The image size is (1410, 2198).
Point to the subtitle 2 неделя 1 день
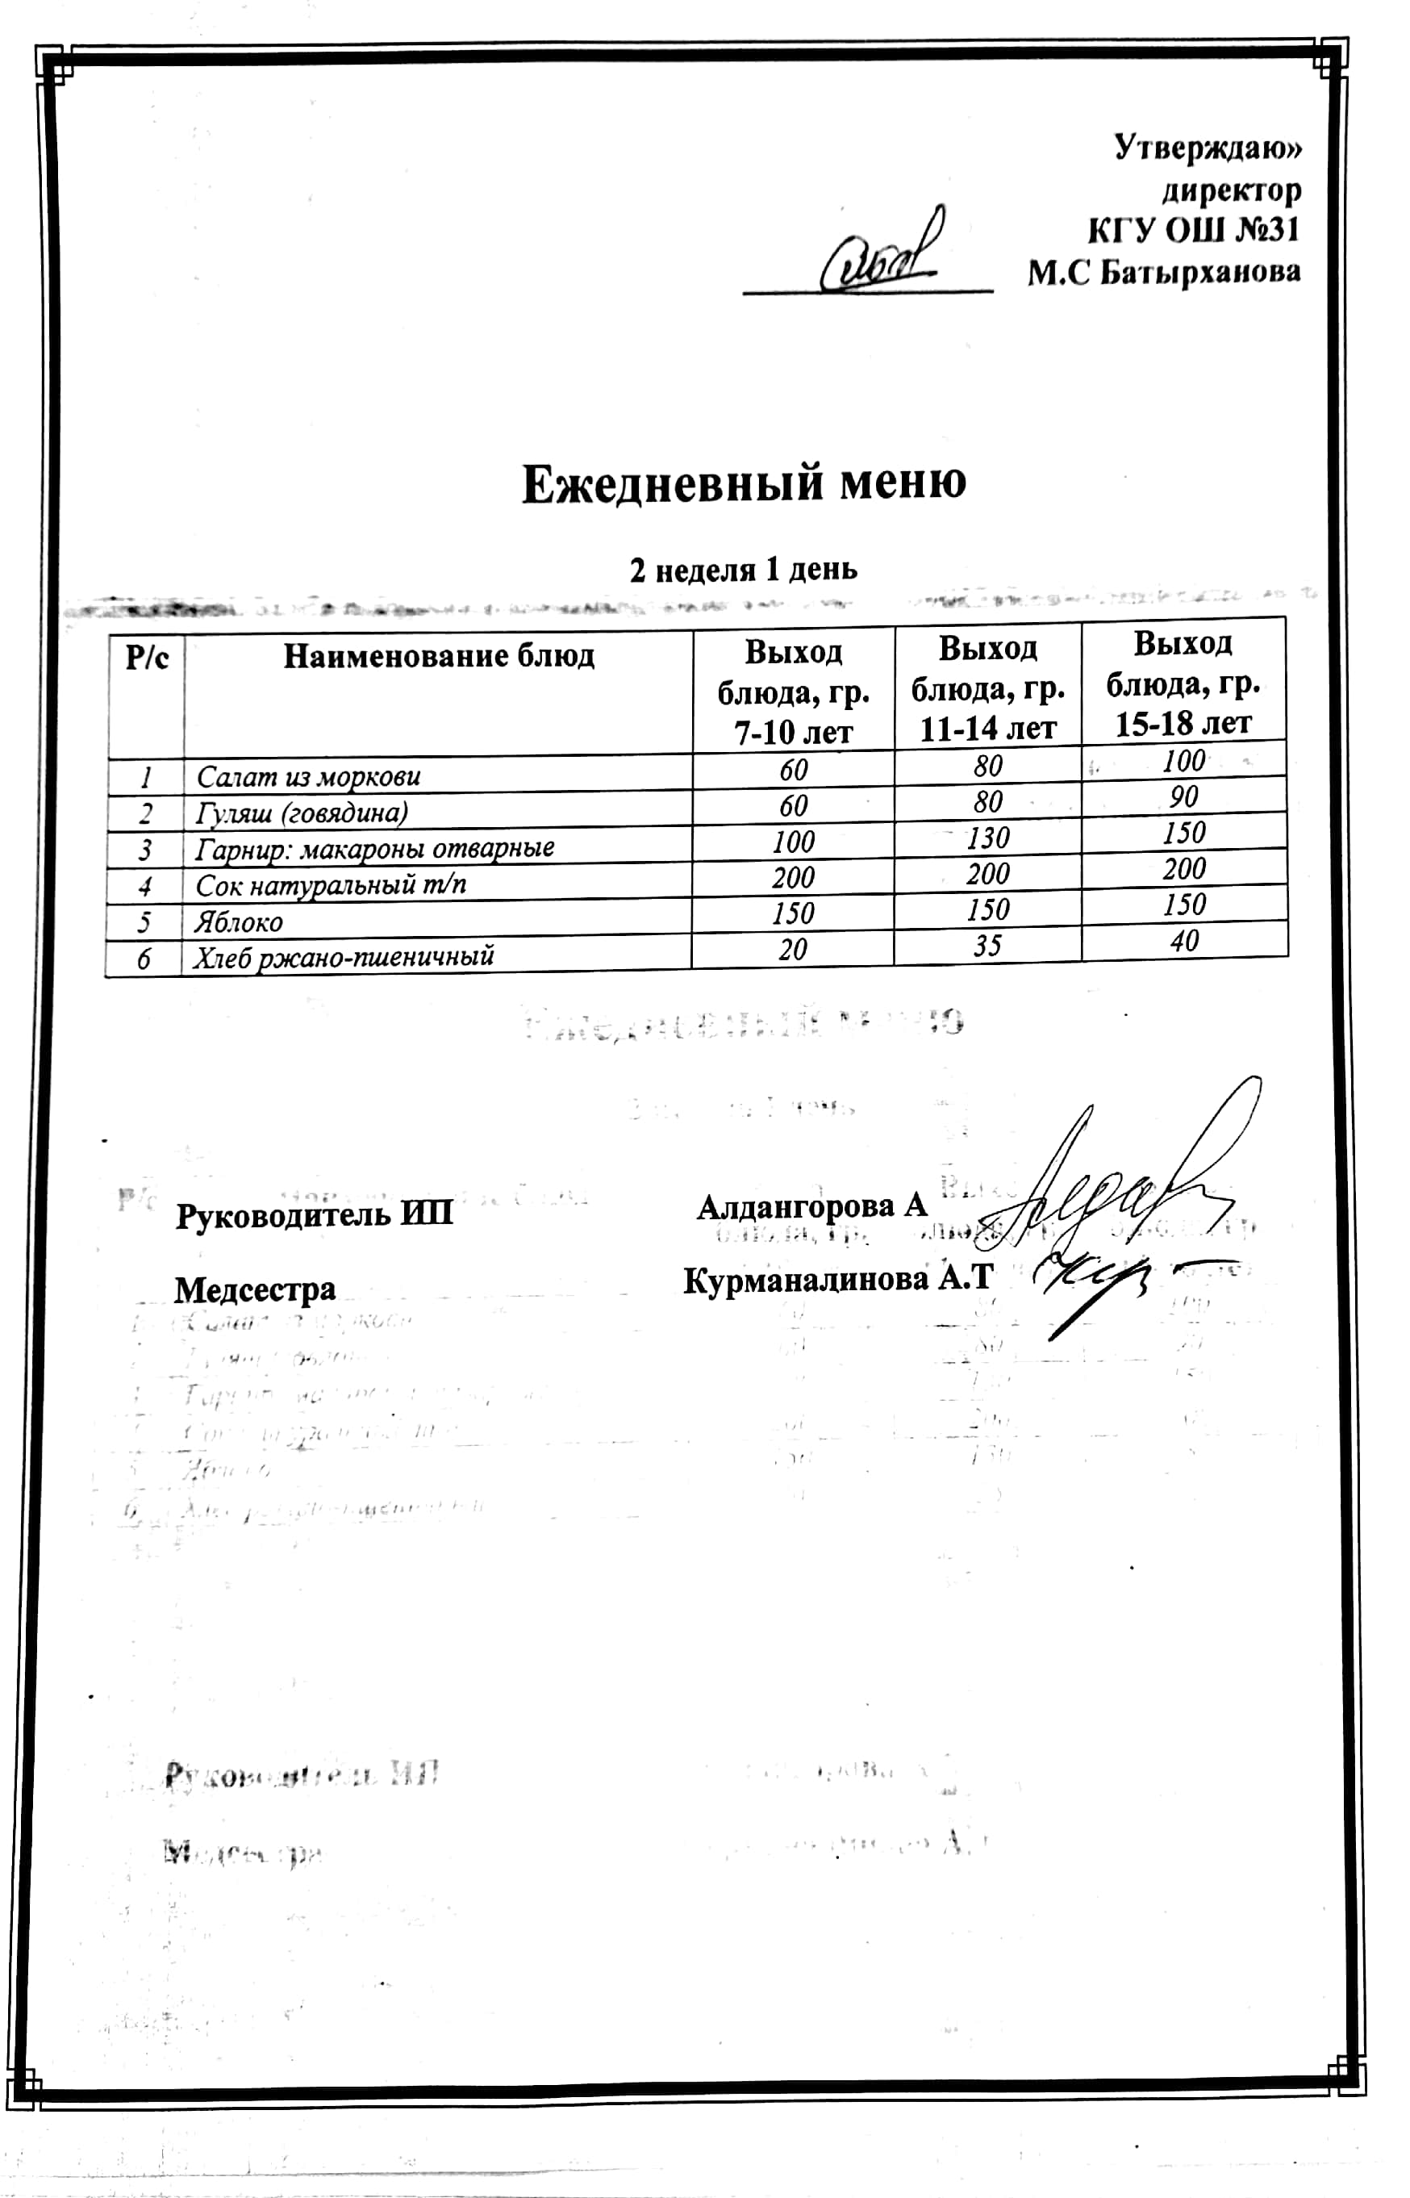click(744, 570)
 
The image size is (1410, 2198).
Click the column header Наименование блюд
click(439, 656)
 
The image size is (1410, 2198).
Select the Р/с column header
click(147, 658)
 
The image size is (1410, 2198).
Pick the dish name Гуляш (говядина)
click(302, 813)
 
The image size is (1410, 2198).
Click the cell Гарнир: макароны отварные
click(375, 848)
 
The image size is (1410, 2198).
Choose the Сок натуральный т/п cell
click(332, 884)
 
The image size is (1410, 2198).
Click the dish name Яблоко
click(239, 921)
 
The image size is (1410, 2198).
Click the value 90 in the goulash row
click(1184, 796)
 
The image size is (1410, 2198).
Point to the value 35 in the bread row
click(988, 945)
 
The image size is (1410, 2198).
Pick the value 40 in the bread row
click(1184, 941)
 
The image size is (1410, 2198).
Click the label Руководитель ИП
click(314, 1215)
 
